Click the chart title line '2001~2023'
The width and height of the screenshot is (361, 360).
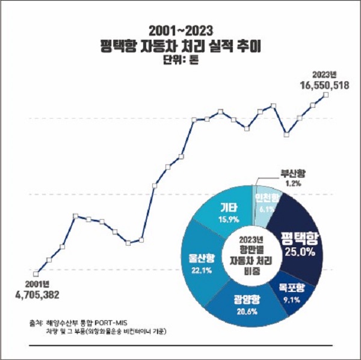pyautogui.click(x=180, y=28)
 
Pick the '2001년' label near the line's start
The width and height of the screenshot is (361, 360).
pyautogui.click(x=37, y=284)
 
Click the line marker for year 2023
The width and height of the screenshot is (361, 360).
pyautogui.click(x=326, y=95)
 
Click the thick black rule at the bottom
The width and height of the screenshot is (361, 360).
pyautogui.click(x=180, y=347)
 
